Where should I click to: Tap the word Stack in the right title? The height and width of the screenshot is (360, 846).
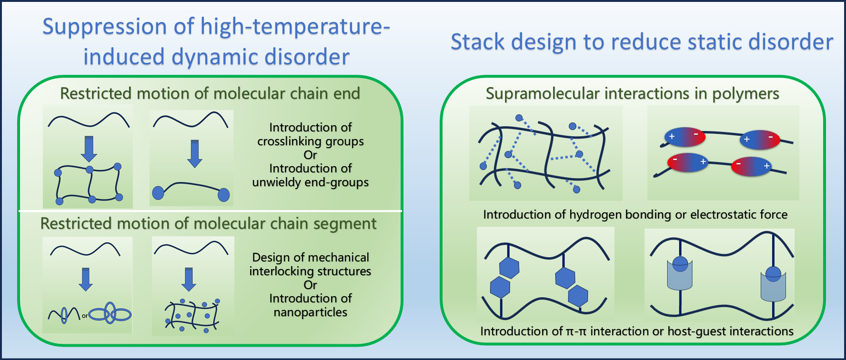click(x=477, y=42)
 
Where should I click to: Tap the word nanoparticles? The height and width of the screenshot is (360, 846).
click(x=310, y=312)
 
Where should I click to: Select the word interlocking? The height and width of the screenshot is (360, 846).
click(x=281, y=271)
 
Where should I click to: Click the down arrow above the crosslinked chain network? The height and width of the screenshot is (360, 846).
click(x=89, y=149)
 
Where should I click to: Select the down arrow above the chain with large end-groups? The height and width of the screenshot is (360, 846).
click(x=194, y=153)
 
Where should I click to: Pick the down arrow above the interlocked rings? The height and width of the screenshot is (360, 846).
click(x=86, y=279)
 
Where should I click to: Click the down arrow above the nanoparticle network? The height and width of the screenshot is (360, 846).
click(x=189, y=279)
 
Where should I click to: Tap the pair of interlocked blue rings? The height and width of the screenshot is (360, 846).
click(x=110, y=313)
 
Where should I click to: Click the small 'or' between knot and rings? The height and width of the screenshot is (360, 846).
click(x=85, y=316)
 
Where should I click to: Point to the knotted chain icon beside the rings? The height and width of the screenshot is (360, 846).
click(x=64, y=314)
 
